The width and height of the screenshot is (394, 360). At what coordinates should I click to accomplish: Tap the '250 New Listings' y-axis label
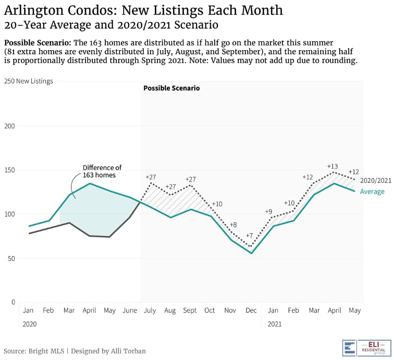[x=28, y=81]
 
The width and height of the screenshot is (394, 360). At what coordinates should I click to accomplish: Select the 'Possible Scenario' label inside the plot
[x=171, y=88]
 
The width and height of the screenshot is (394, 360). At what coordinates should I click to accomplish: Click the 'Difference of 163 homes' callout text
[x=102, y=171]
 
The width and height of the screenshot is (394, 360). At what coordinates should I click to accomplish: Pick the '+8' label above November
[x=233, y=224]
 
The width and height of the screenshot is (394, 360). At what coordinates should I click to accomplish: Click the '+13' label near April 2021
[x=333, y=166]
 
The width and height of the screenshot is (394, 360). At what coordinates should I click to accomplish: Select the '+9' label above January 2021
[x=268, y=211]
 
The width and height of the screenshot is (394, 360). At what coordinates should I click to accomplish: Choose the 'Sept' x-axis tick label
[x=190, y=310]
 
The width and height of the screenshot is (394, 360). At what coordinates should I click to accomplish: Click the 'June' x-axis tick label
[x=130, y=310]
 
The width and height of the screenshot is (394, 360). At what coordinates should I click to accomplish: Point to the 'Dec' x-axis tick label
[x=251, y=310]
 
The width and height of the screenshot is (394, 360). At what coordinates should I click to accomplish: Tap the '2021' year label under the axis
[x=274, y=324]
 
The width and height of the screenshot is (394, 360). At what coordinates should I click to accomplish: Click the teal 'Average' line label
[x=372, y=191]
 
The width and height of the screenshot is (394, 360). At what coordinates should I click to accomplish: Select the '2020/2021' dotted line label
[x=375, y=181]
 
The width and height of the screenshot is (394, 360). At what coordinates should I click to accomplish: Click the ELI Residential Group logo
[x=366, y=347]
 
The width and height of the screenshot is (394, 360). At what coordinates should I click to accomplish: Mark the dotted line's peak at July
[x=151, y=183]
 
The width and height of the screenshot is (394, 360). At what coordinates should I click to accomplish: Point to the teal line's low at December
[x=251, y=254]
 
